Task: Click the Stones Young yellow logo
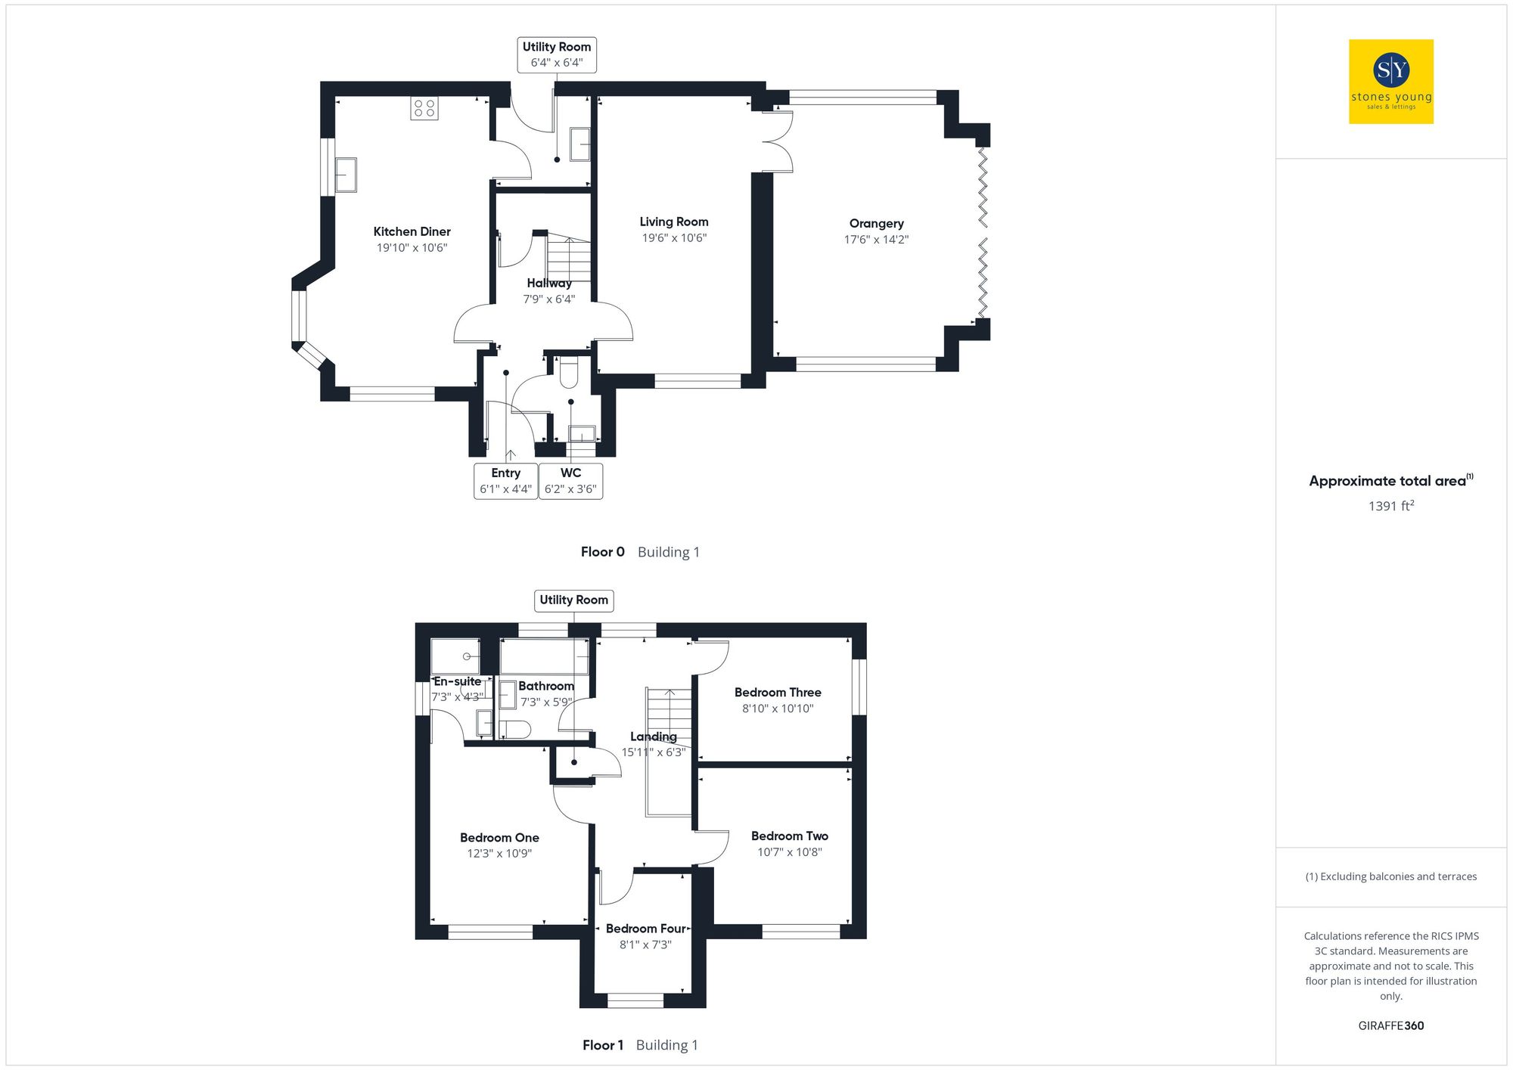[1390, 82]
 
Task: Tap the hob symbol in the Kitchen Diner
[424, 108]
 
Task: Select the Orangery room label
[876, 224]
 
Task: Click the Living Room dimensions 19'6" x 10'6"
[673, 238]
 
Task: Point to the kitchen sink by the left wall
[346, 175]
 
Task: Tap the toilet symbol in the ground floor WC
[568, 372]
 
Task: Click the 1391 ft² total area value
[1390, 506]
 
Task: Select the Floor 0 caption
[602, 552]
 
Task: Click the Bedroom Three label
[777, 693]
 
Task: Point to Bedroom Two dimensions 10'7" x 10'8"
[789, 852]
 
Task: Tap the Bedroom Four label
[645, 929]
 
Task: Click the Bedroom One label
[499, 838]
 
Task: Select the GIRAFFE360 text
[1390, 1026]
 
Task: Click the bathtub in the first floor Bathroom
[544, 656]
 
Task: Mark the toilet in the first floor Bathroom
[515, 730]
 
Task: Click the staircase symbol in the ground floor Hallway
[568, 258]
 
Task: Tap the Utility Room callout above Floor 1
[573, 600]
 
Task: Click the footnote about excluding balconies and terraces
[1390, 877]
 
